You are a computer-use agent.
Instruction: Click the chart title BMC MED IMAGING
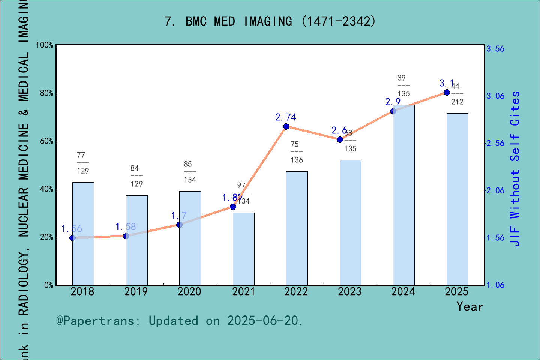[x=270, y=21]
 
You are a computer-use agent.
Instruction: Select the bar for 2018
[x=83, y=234]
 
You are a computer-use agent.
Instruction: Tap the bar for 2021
[x=243, y=249]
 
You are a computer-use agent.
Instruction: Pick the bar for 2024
[x=403, y=195]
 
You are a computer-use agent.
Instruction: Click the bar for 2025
[x=457, y=199]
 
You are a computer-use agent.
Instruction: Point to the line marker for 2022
[x=286, y=127]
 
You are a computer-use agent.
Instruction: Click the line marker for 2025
[x=447, y=92]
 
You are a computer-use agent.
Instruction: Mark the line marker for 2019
[x=126, y=236]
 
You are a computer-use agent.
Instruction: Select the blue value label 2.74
[x=286, y=117]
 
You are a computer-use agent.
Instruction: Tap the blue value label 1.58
[x=126, y=227]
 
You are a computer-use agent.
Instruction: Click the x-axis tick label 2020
[x=189, y=292]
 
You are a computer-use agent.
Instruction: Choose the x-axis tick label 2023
[x=350, y=292]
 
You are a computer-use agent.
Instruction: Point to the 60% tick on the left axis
[x=46, y=141]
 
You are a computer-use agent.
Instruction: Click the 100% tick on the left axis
[x=45, y=45]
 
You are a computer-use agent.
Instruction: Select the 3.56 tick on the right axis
[x=495, y=49]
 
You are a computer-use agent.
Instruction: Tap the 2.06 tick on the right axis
[x=495, y=190]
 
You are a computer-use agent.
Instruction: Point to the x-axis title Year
[x=470, y=306]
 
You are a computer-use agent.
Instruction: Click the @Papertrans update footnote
[x=179, y=321]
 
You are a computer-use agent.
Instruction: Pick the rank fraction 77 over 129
[x=83, y=163]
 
